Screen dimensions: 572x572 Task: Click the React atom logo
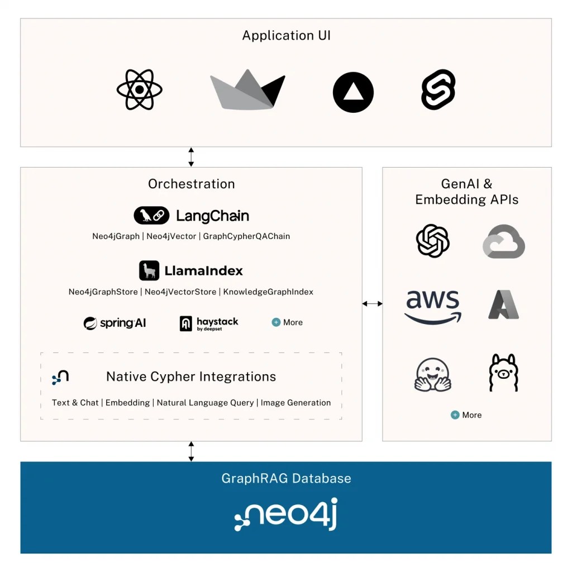point(139,90)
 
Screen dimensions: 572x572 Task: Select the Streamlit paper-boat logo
point(247,90)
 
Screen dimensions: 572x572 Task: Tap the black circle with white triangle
point(353,92)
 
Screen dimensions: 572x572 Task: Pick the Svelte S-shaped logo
point(438,89)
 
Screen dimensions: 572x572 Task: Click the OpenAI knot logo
point(433,241)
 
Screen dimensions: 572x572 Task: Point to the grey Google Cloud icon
point(504,241)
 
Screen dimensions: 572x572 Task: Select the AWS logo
point(433,307)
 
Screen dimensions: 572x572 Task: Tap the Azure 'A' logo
point(504,304)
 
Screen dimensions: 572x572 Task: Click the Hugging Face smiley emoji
point(433,373)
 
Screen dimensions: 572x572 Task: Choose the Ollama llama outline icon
point(504,373)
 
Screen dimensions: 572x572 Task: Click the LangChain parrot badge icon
point(151,216)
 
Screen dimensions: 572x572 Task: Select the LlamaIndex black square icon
point(149,271)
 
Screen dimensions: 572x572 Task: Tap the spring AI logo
point(115,323)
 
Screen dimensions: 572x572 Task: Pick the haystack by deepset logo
point(208,323)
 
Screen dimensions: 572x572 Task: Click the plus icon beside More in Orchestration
point(276,322)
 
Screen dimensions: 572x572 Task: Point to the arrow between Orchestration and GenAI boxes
point(372,304)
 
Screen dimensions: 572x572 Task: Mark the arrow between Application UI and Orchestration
point(191,157)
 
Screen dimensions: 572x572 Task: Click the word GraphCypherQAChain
point(246,236)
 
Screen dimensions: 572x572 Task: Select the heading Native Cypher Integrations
point(191,376)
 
